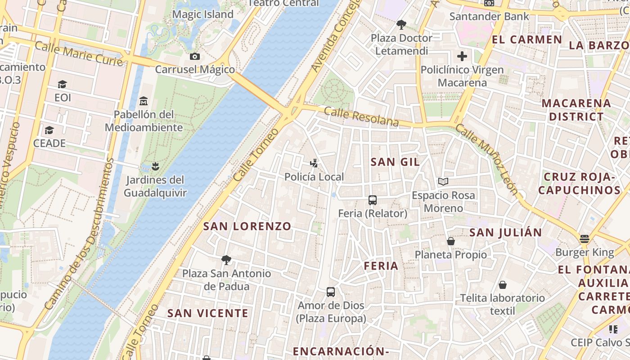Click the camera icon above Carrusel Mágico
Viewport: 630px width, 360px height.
195,56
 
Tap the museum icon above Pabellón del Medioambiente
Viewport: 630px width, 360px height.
144,100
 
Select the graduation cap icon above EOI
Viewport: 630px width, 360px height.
63,84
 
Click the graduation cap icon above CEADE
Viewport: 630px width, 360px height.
49,130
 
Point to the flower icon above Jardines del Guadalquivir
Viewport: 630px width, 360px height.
155,166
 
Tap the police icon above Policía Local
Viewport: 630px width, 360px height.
315,163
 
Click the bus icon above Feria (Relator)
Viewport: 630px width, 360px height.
373,200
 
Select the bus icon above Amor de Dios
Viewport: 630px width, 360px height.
331,292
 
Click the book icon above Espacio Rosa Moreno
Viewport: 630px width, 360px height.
443,181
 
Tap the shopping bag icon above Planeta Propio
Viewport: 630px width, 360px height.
451,241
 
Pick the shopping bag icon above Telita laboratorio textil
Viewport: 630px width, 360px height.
503,284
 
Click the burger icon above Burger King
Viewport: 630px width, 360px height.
585,238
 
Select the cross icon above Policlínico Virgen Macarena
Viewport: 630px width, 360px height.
462,56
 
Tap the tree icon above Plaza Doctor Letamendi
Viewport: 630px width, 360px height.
401,24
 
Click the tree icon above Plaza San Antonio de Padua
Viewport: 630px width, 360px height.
226,260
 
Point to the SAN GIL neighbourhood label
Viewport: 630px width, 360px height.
395,162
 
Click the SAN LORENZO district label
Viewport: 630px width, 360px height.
247,226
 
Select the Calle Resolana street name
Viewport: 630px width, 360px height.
361,117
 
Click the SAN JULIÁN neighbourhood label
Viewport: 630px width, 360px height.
506,233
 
